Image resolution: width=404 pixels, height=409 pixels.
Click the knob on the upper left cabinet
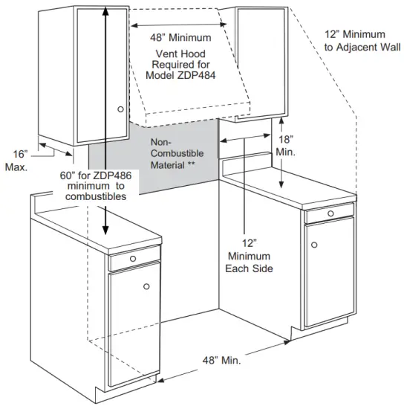pyautogui.click(x=121, y=109)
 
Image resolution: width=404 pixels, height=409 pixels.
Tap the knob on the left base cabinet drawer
pyautogui.click(x=132, y=259)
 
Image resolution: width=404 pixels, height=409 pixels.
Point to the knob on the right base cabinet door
pyautogui.click(x=314, y=245)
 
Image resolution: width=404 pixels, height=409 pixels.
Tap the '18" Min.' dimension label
pyautogui.click(x=286, y=145)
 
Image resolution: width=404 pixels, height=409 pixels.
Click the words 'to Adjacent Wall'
pyautogui.click(x=355, y=48)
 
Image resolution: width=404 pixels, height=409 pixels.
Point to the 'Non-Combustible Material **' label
pyautogui.click(x=172, y=152)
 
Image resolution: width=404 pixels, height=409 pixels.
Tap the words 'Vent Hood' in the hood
pyautogui.click(x=180, y=54)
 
